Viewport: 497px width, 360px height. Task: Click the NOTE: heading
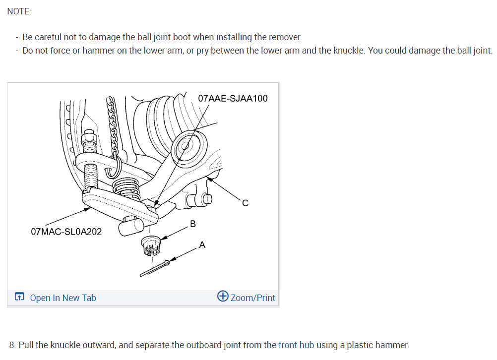(19, 11)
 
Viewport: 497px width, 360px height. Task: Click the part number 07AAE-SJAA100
(232, 98)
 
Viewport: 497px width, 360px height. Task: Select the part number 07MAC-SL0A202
(66, 232)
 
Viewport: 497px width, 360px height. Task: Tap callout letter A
(202, 244)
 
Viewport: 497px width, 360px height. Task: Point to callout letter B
(193, 224)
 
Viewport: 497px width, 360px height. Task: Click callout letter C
(245, 203)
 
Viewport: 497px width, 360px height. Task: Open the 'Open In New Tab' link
(63, 298)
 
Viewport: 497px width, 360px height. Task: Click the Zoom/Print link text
(252, 298)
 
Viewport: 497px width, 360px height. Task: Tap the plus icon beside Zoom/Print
(223, 297)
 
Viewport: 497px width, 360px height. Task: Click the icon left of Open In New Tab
(19, 297)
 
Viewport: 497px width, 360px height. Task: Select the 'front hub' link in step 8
(296, 345)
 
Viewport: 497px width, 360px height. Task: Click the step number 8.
(12, 345)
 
